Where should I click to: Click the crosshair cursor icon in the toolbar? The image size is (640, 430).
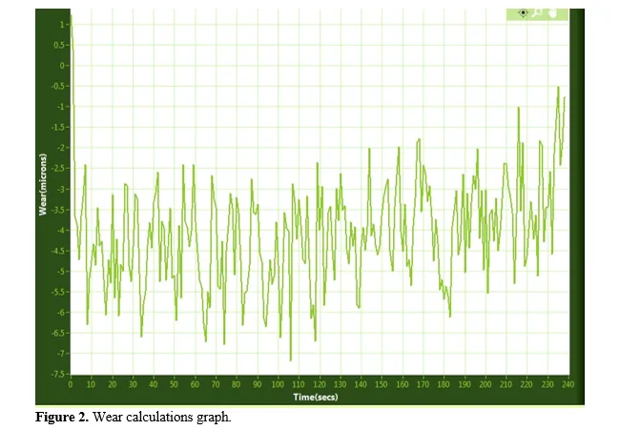coord(523,12)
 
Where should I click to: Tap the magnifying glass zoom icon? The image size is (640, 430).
coord(538,12)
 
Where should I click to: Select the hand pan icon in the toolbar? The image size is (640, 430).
coord(553,12)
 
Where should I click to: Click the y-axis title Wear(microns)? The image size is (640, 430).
coord(43,184)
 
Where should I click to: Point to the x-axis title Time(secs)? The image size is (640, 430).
coord(315,397)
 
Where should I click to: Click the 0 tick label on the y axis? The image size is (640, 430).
coord(62,65)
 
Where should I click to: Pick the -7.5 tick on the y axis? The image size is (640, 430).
coord(58,374)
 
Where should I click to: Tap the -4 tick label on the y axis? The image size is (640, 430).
coord(60,230)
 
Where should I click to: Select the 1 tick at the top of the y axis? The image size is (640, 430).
coord(62,25)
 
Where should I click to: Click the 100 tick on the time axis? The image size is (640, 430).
coord(278,384)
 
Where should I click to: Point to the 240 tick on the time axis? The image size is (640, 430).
coord(568,384)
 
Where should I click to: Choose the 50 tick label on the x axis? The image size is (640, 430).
coord(175,384)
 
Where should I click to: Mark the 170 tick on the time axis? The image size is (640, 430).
coord(423,384)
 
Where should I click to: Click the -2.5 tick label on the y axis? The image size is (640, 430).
coord(58,168)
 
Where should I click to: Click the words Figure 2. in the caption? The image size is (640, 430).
coord(62,417)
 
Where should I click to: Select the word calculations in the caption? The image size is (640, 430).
coord(160,417)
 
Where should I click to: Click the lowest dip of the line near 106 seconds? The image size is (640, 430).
coord(291,360)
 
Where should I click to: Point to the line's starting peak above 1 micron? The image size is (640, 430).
coord(71,15)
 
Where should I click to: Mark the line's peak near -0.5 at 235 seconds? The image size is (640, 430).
coord(558,87)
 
